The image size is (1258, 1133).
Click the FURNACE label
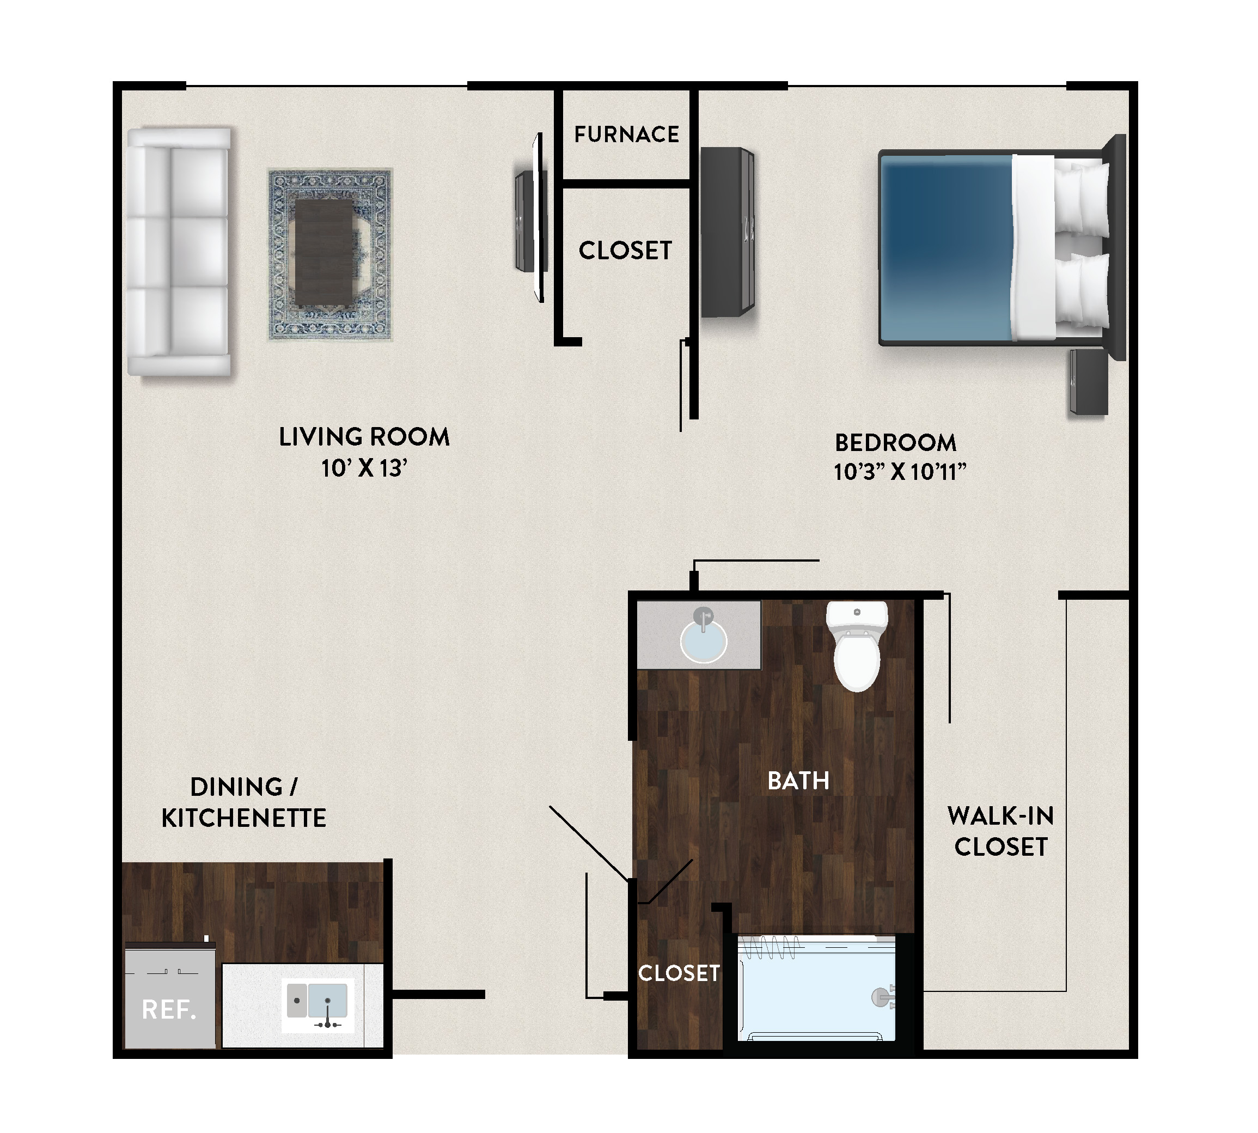point(626,134)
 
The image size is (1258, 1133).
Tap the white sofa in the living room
point(179,252)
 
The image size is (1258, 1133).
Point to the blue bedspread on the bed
point(946,248)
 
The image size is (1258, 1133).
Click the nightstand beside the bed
point(1089,382)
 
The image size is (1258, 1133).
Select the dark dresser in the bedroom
point(727,232)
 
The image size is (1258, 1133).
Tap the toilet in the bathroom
point(857,645)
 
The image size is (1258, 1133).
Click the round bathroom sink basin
point(704,641)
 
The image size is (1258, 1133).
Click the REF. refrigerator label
point(169,1010)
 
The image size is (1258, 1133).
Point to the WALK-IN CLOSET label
point(1001,831)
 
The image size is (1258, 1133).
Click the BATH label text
point(798,781)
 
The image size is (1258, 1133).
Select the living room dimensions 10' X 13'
point(364,468)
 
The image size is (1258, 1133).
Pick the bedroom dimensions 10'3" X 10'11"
point(900,472)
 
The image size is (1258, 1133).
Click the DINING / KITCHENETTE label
point(244,802)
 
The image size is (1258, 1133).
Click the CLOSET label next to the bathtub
point(679,973)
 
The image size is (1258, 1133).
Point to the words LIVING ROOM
point(364,437)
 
